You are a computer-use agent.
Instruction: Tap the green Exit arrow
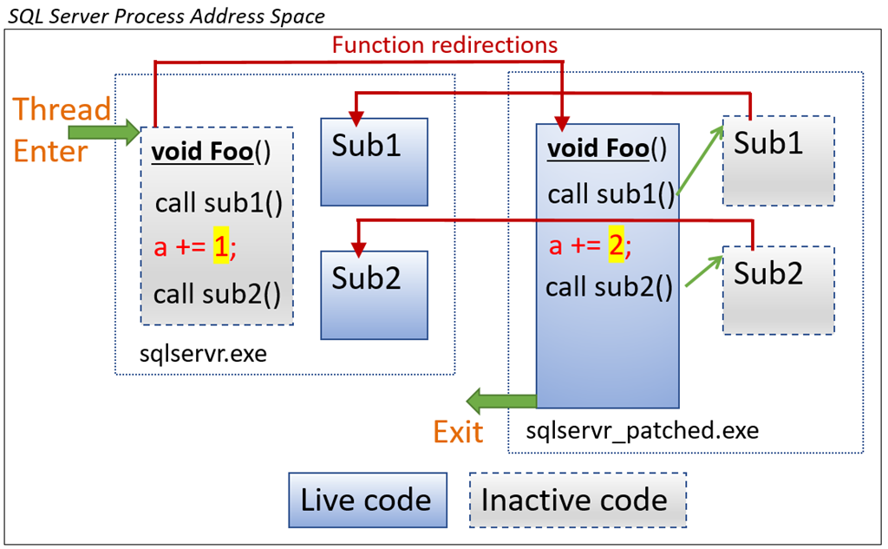(x=500, y=402)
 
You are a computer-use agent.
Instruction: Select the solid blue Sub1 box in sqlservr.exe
(x=374, y=161)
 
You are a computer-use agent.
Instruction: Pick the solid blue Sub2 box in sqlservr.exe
(x=374, y=295)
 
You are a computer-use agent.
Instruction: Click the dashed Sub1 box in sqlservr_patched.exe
(x=778, y=160)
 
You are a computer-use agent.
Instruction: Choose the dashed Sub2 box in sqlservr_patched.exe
(x=778, y=290)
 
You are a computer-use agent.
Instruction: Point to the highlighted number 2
(x=615, y=246)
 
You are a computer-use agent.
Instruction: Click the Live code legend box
(x=367, y=500)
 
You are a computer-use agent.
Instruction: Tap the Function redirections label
(x=445, y=44)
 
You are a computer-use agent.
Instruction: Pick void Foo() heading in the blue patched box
(x=606, y=149)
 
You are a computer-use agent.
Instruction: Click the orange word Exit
(x=458, y=431)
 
